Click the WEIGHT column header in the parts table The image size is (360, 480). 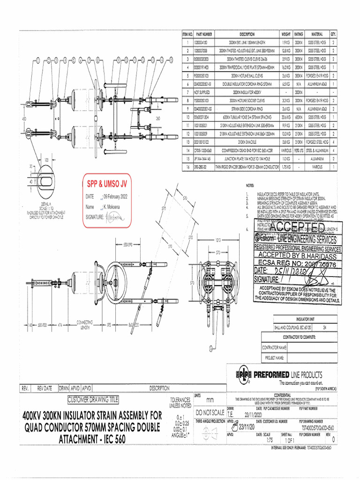click(286, 34)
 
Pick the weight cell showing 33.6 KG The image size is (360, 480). click(286, 117)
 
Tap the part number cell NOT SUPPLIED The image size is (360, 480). click(203, 92)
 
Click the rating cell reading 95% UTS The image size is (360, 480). click(299, 150)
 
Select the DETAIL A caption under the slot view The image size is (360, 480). click(46, 204)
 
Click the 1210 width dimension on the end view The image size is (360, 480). click(218, 240)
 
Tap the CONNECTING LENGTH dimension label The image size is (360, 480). click(86, 325)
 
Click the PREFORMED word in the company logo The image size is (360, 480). click(274, 375)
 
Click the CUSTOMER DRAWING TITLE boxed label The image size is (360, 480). click(93, 400)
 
